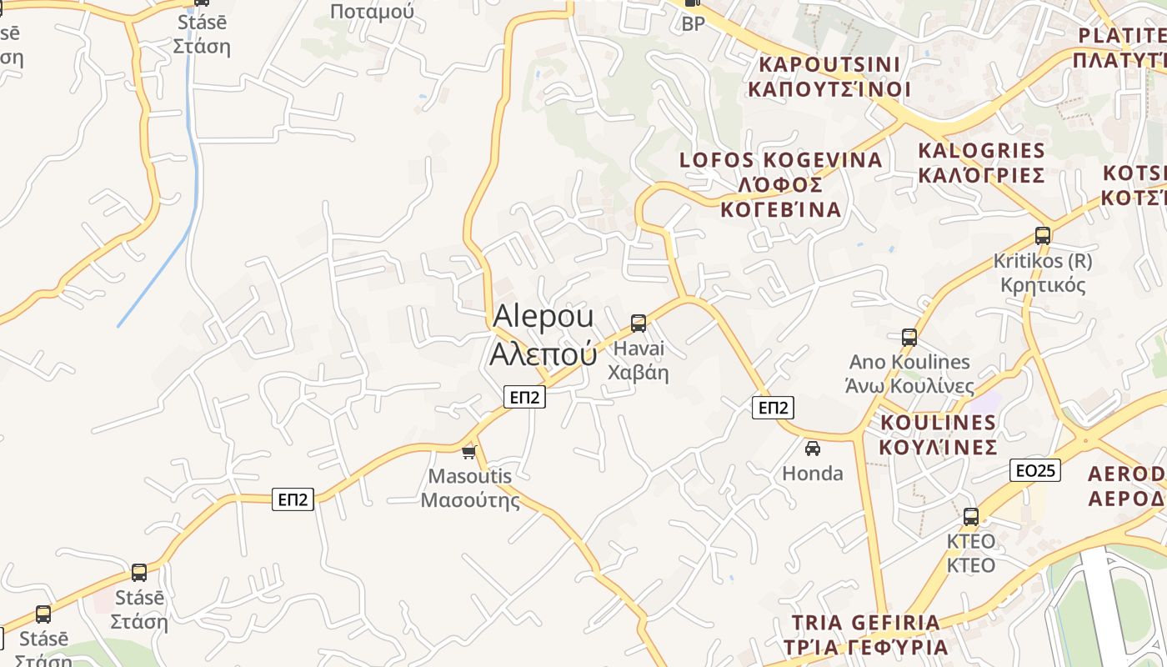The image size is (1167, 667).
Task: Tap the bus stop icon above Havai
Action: (639, 323)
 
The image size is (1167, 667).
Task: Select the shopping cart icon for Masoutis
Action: (469, 452)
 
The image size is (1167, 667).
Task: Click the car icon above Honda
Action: (813, 449)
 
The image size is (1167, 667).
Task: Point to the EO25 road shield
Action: (1035, 470)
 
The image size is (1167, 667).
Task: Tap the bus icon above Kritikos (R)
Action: (1043, 235)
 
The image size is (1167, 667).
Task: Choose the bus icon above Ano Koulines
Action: (909, 338)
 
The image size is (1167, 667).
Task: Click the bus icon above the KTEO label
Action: (971, 516)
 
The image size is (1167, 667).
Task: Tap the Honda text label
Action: (813, 474)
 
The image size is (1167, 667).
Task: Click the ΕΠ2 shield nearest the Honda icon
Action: (773, 408)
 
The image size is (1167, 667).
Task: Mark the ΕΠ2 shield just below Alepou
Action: (524, 397)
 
